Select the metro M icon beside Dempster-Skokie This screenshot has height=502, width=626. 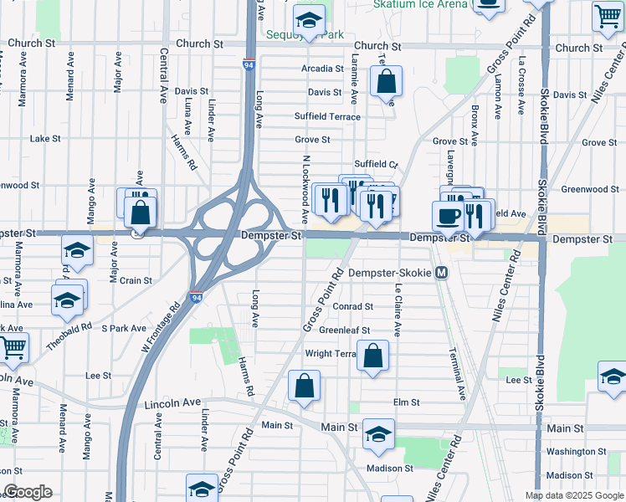(442, 273)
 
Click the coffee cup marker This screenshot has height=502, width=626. (447, 216)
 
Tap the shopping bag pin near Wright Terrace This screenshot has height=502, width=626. (373, 356)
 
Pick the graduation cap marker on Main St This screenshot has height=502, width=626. (378, 433)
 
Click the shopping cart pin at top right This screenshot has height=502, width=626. (608, 16)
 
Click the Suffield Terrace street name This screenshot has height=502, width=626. (327, 116)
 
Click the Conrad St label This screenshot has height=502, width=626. (351, 307)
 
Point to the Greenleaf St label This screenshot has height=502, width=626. (344, 330)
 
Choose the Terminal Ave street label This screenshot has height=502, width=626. (458, 372)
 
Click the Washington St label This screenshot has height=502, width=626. (576, 452)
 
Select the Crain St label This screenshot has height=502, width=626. (136, 281)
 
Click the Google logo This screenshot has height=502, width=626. (28, 492)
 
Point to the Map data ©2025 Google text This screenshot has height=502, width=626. (573, 495)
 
